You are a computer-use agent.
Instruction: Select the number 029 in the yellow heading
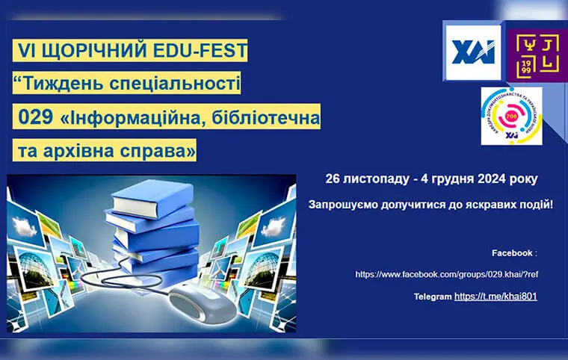click(x=36, y=117)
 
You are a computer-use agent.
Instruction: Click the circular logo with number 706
click(x=512, y=116)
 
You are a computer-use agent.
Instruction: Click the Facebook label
click(x=512, y=252)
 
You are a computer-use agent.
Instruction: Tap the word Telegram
click(x=433, y=297)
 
